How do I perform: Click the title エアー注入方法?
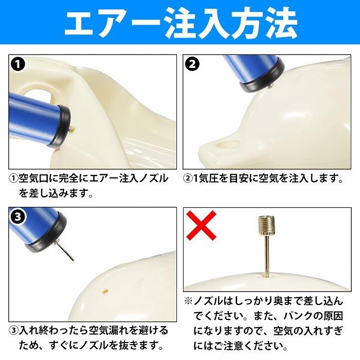(180, 23)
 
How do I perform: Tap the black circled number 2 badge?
(193, 65)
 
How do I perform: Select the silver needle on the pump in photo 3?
(66, 251)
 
